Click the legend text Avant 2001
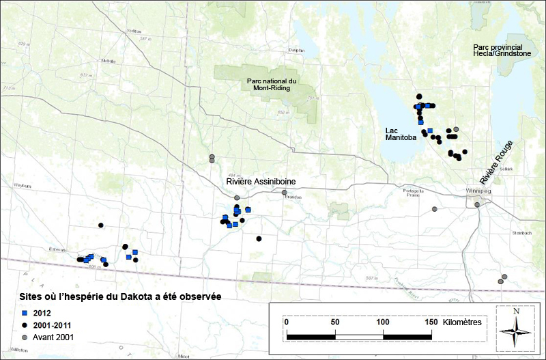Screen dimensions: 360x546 click(x=54, y=337)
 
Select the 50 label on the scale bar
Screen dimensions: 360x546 click(x=334, y=322)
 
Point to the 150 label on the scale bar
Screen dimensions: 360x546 click(x=431, y=322)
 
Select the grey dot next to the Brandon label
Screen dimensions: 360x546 click(x=285, y=193)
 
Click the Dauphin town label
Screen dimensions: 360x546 click(x=296, y=50)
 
